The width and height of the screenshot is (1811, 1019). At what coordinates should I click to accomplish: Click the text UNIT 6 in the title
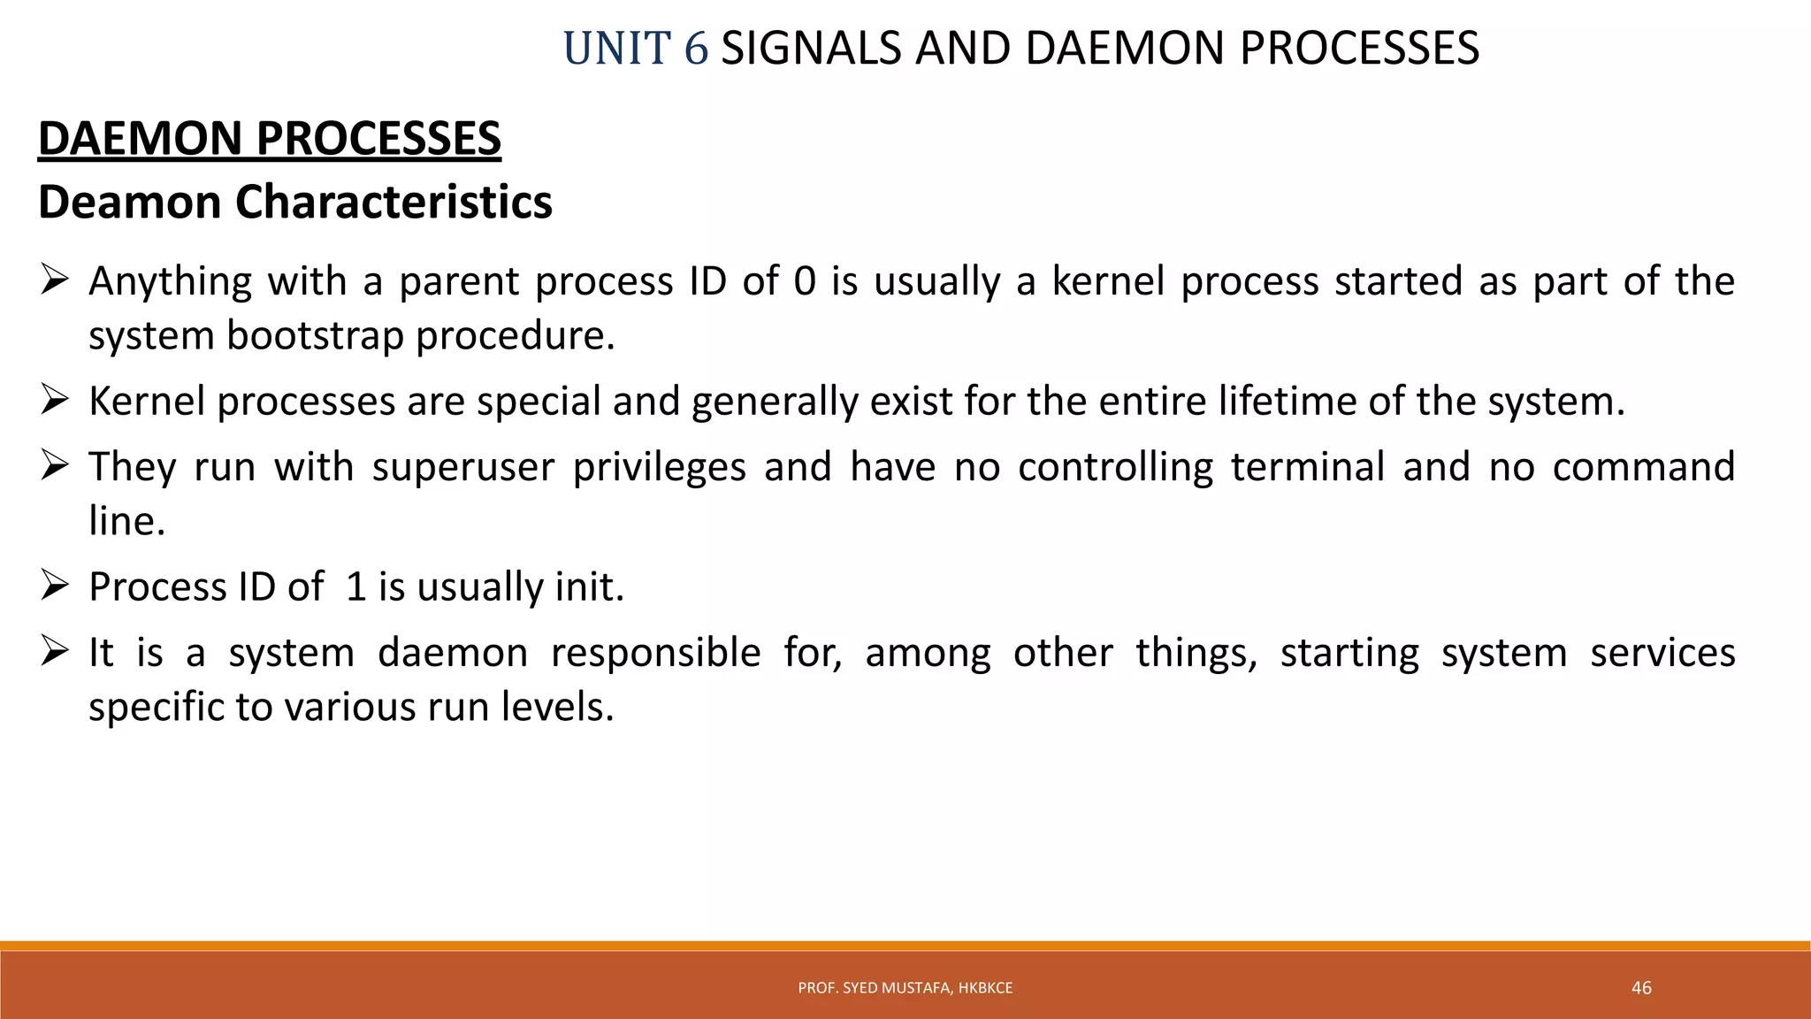tap(635, 49)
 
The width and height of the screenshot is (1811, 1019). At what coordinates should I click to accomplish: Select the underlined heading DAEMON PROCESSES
tap(270, 139)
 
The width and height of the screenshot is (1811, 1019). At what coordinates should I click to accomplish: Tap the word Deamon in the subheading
tap(130, 203)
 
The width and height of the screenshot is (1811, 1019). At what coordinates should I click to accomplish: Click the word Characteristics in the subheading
tap(394, 203)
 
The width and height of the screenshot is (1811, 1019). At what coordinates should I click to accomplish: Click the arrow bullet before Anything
tap(55, 281)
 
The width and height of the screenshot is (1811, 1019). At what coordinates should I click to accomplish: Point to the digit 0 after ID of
tap(805, 282)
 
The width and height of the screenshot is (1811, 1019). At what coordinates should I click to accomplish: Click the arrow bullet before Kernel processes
tap(55, 401)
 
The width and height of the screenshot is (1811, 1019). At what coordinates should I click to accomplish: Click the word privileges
tap(660, 468)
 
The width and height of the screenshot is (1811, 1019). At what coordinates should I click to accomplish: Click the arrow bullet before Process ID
tap(55, 586)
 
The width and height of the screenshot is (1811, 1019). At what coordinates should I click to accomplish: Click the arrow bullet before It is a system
tap(55, 652)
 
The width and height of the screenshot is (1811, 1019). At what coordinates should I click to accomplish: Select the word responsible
tap(655, 654)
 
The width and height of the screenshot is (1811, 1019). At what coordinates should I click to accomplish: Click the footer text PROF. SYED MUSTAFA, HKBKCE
tap(905, 988)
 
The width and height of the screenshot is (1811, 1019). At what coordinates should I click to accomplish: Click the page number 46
tap(1641, 988)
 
